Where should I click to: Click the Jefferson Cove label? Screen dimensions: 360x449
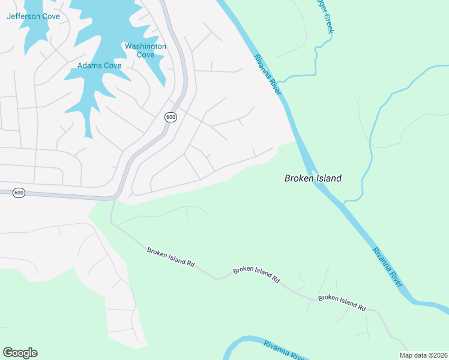click(34, 16)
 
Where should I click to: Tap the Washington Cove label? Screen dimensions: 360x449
click(145, 50)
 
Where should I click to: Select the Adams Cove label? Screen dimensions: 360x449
click(100, 65)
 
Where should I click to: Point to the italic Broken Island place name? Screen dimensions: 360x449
click(313, 178)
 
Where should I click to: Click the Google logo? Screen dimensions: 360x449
click(20, 353)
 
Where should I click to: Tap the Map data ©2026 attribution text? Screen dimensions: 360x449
click(423, 355)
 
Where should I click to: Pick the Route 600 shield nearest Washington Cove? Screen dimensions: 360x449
click(170, 117)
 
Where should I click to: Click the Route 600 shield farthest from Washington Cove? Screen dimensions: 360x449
click(19, 193)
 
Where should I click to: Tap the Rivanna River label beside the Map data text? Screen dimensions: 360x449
click(286, 350)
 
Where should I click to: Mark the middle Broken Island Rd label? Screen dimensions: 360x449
click(256, 274)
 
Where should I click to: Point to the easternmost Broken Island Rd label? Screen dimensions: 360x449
click(342, 302)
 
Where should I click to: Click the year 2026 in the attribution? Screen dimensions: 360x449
click(438, 355)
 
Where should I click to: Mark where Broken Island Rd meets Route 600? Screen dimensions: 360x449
click(112, 199)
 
